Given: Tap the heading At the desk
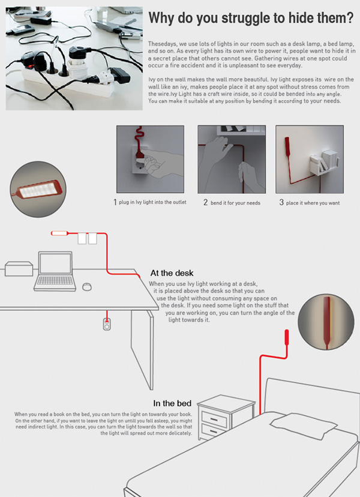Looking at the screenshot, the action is click(x=172, y=273).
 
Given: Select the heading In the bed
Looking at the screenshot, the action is click(x=172, y=403).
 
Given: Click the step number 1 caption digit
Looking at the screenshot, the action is click(x=115, y=202).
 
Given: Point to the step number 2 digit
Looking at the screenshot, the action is click(x=205, y=202).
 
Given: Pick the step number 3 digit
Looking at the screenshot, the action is click(x=281, y=202).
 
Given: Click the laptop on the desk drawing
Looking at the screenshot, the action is click(x=55, y=271).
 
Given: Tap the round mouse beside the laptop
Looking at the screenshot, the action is click(x=87, y=286).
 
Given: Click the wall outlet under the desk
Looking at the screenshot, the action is click(x=107, y=324).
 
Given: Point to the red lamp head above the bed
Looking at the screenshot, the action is click(x=287, y=337).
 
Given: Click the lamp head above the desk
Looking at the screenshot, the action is click(x=59, y=233).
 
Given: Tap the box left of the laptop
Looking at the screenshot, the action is click(x=19, y=268).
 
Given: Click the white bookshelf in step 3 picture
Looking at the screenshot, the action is click(x=324, y=163).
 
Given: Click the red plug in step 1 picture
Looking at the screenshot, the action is click(x=139, y=154).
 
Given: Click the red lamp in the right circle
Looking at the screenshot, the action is click(x=326, y=320).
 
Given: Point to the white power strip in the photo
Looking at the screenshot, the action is click(x=67, y=80).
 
